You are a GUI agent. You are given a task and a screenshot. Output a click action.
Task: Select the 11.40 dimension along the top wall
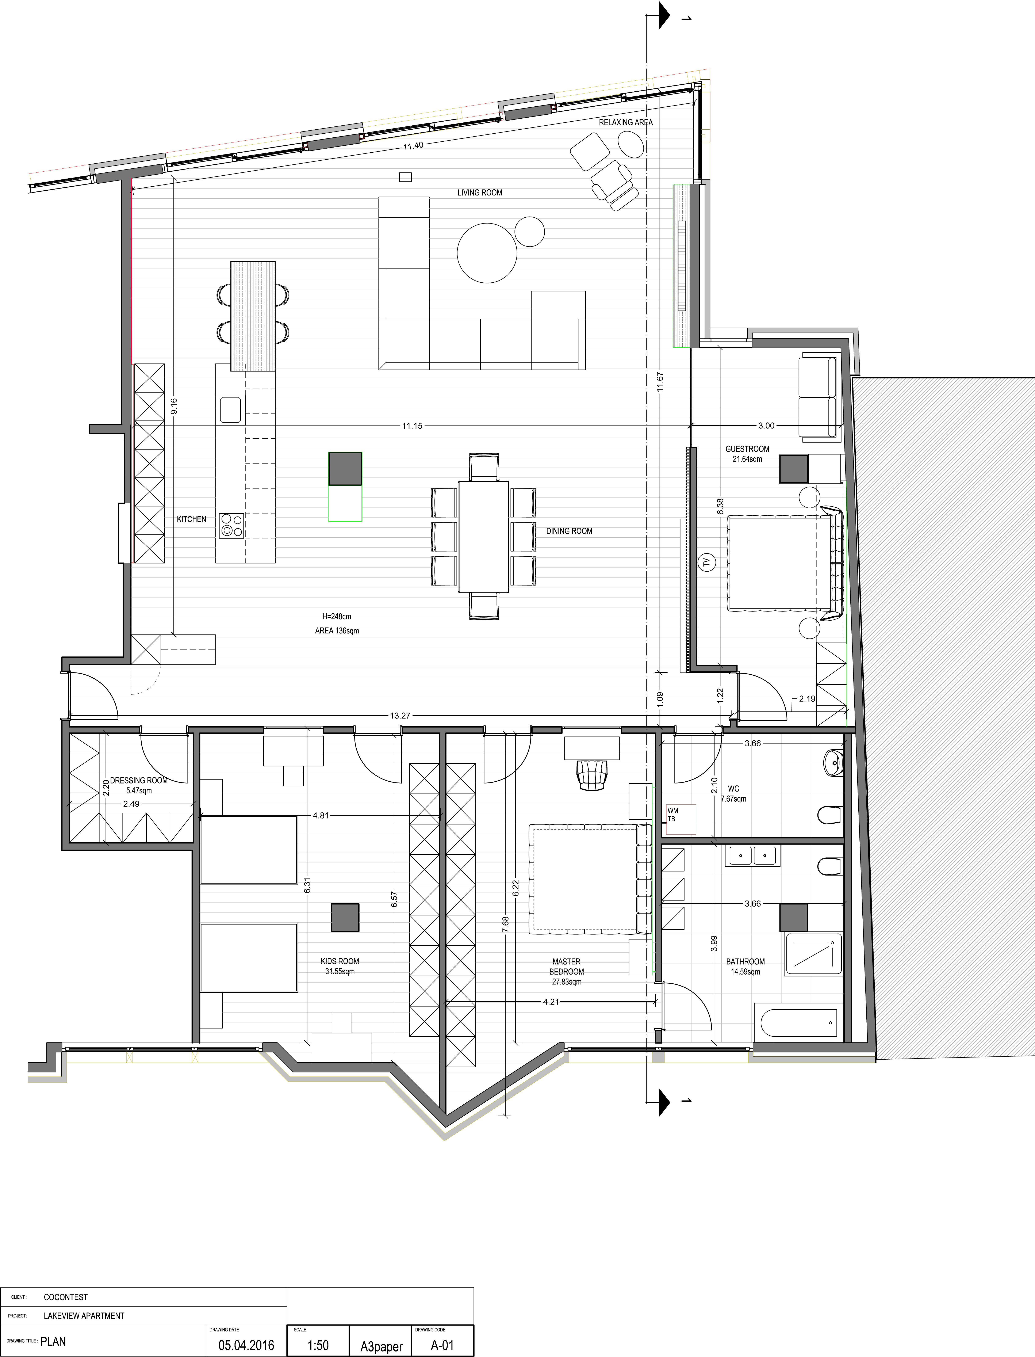click(x=413, y=146)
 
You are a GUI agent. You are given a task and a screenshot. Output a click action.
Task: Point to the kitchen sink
click(x=230, y=410)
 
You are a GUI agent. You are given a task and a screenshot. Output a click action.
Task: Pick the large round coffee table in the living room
click(x=487, y=253)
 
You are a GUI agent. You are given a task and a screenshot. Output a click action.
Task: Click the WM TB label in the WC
click(x=673, y=815)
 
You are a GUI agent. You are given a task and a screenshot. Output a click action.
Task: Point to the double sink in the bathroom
click(x=752, y=856)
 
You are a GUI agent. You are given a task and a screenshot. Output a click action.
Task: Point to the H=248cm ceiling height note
click(x=336, y=616)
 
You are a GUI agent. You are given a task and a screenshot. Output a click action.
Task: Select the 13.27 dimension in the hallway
click(x=400, y=716)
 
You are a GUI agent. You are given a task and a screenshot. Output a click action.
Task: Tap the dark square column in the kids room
click(x=345, y=917)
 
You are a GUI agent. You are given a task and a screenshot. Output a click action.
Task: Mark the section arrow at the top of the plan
click(x=664, y=15)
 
